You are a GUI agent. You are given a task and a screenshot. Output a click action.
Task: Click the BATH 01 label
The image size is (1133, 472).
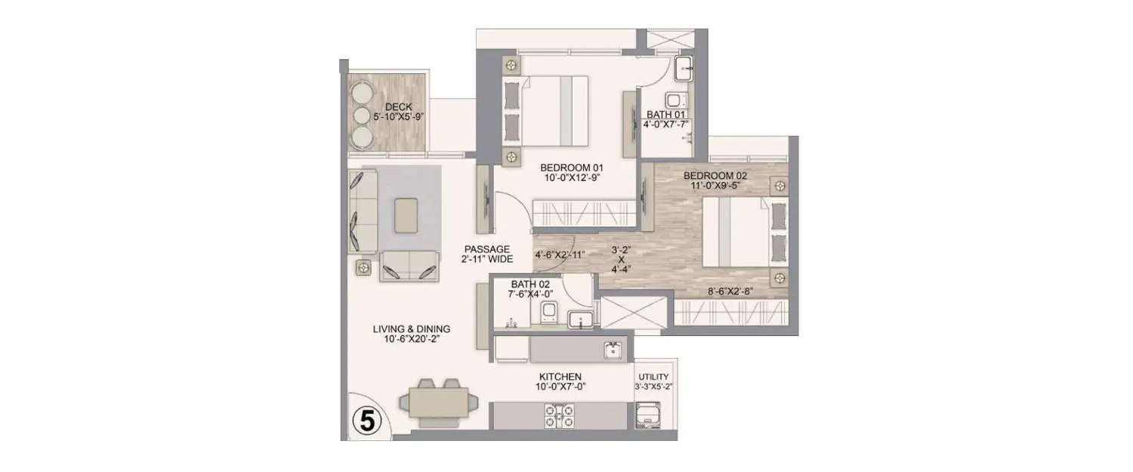(665, 119)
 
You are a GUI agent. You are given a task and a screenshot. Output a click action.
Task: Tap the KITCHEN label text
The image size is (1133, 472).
(560, 381)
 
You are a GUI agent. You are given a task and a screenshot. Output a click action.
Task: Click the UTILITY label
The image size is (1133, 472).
(653, 381)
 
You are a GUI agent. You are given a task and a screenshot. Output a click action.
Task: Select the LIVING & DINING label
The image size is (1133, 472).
(412, 334)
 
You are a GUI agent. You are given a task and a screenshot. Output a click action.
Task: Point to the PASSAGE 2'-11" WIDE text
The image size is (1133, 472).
(488, 254)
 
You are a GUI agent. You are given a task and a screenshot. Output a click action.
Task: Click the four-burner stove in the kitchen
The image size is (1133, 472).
(560, 416)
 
